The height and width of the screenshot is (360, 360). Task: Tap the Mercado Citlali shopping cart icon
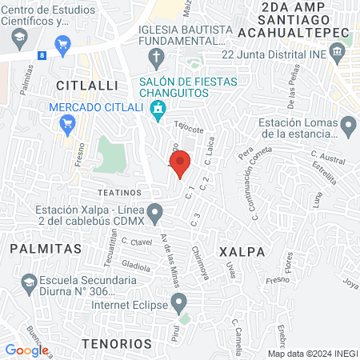click(68, 122)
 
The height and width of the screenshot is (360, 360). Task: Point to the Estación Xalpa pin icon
click(157, 212)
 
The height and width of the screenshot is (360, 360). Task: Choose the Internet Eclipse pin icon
click(179, 301)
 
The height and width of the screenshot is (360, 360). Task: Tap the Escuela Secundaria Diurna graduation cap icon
click(29, 282)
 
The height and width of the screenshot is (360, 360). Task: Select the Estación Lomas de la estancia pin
click(348, 126)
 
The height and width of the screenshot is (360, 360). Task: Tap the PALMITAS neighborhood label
click(46, 249)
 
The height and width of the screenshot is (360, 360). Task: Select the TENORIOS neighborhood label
click(116, 343)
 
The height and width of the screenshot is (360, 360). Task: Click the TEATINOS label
click(119, 193)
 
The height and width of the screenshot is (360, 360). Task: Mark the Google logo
click(26, 350)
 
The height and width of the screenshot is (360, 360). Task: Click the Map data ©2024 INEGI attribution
click(312, 354)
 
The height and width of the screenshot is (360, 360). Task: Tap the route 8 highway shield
click(42, 54)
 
